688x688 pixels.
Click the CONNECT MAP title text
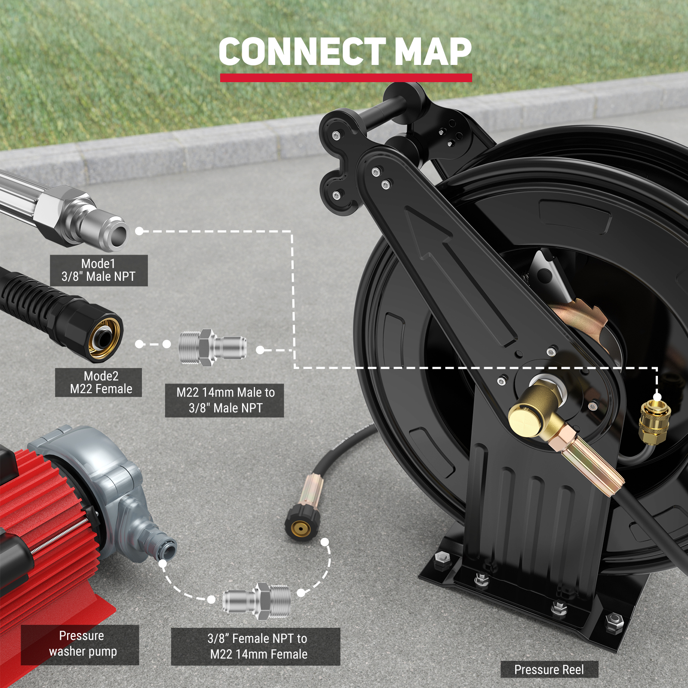tap(345, 52)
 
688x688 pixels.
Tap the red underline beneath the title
tap(346, 78)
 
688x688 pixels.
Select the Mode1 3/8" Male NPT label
tap(98, 270)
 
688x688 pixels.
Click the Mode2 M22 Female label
tap(98, 382)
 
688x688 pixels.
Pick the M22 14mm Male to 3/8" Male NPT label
tap(224, 400)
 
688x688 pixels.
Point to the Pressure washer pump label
tap(80, 644)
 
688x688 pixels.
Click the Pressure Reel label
tap(549, 670)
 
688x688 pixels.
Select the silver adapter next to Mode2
tap(212, 347)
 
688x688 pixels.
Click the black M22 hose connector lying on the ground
tap(303, 520)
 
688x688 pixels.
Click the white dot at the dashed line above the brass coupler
tap(657, 396)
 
